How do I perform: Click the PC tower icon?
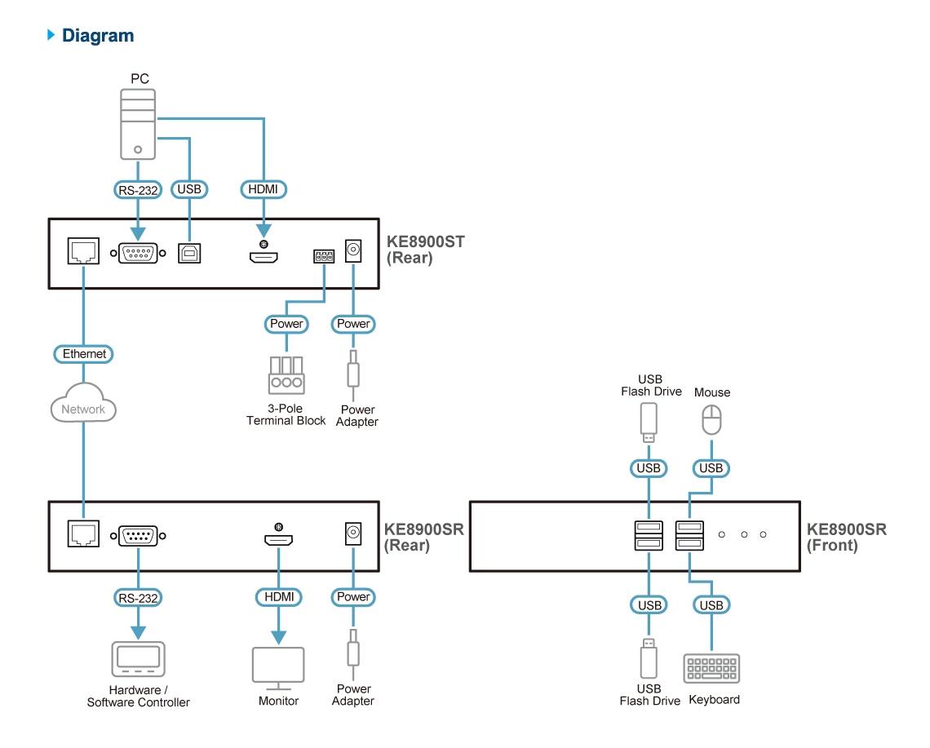pos(138,125)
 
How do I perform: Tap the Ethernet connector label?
pos(83,354)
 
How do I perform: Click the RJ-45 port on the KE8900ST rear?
pos(83,252)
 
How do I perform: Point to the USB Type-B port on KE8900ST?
pos(190,252)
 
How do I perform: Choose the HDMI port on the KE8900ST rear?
pos(263,257)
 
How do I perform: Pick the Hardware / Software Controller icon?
pos(138,658)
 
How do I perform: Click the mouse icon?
pos(711,421)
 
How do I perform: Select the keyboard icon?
pos(711,668)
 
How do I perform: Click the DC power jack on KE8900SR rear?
pos(353,534)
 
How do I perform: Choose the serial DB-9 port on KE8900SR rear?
pos(138,536)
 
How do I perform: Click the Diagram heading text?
pos(98,35)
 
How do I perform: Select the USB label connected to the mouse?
pos(711,468)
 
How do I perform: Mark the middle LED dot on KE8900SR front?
pos(743,534)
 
